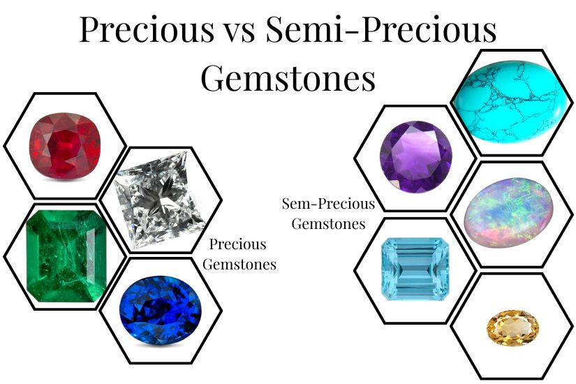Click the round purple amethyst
click(x=415, y=158)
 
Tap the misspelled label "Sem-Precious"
click(x=328, y=205)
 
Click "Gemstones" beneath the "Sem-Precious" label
click(x=328, y=224)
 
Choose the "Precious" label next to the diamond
click(x=238, y=245)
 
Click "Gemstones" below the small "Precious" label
click(x=242, y=264)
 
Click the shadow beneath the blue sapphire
click(x=161, y=341)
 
